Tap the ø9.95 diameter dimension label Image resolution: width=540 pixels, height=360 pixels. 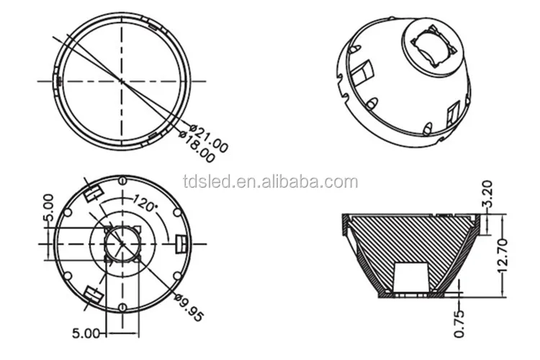coord(189,307)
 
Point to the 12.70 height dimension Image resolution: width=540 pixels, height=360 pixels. coord(503,255)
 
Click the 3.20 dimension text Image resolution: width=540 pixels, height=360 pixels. coord(488,194)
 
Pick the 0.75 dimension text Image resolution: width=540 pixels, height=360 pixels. coord(459,324)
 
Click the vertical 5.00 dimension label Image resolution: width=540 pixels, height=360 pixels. coord(49,208)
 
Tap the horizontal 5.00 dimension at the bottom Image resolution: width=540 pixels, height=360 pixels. coord(86,333)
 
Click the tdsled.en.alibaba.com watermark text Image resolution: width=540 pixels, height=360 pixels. coord(271,181)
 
